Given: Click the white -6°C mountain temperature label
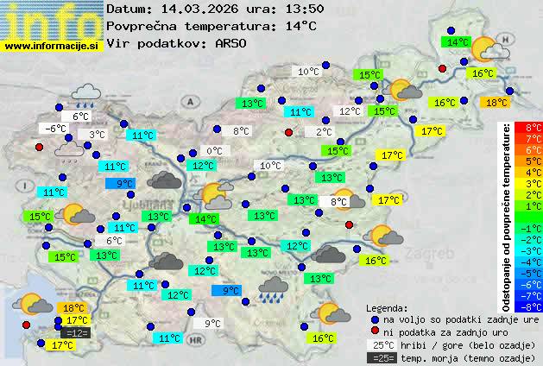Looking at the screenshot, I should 56,129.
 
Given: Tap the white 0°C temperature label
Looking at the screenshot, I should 214,151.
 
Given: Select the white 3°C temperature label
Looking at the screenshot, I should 97,135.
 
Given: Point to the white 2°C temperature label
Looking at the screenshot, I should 323,132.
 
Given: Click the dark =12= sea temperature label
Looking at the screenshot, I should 76,332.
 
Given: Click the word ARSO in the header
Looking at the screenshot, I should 233,42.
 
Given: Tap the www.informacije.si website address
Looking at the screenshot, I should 52,45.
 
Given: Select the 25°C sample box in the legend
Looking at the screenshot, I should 381,344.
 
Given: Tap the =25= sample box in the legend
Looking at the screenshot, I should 381,357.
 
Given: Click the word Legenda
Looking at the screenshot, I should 387,307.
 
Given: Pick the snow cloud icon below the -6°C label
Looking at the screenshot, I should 68,151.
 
